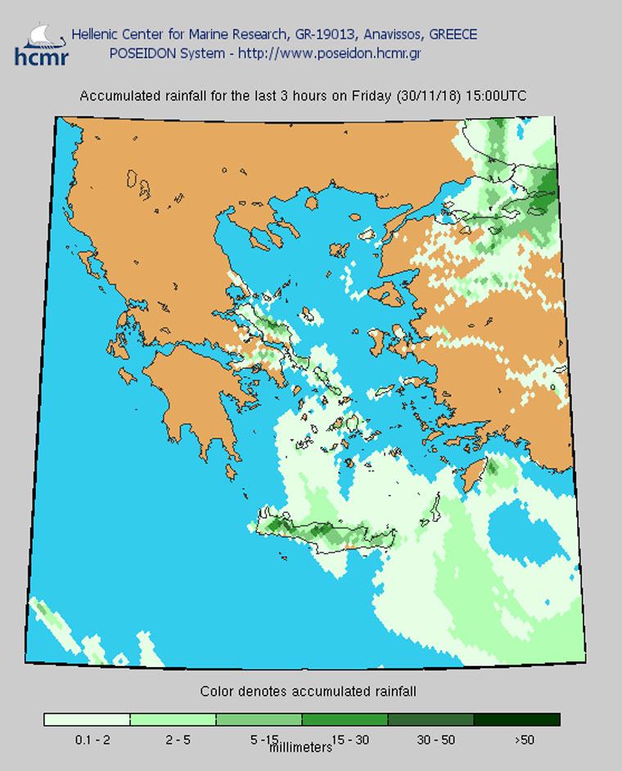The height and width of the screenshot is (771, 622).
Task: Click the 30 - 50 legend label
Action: pyautogui.click(x=435, y=740)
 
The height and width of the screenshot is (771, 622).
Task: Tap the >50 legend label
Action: pyautogui.click(x=523, y=740)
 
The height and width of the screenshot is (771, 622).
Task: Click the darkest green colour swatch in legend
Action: pyautogui.click(x=517, y=719)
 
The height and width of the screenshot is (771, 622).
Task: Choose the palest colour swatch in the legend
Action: pyautogui.click(x=88, y=719)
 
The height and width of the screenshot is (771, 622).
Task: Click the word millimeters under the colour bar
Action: pyautogui.click(x=300, y=747)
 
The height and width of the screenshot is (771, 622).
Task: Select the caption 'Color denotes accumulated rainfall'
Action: pyautogui.click(x=309, y=692)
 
